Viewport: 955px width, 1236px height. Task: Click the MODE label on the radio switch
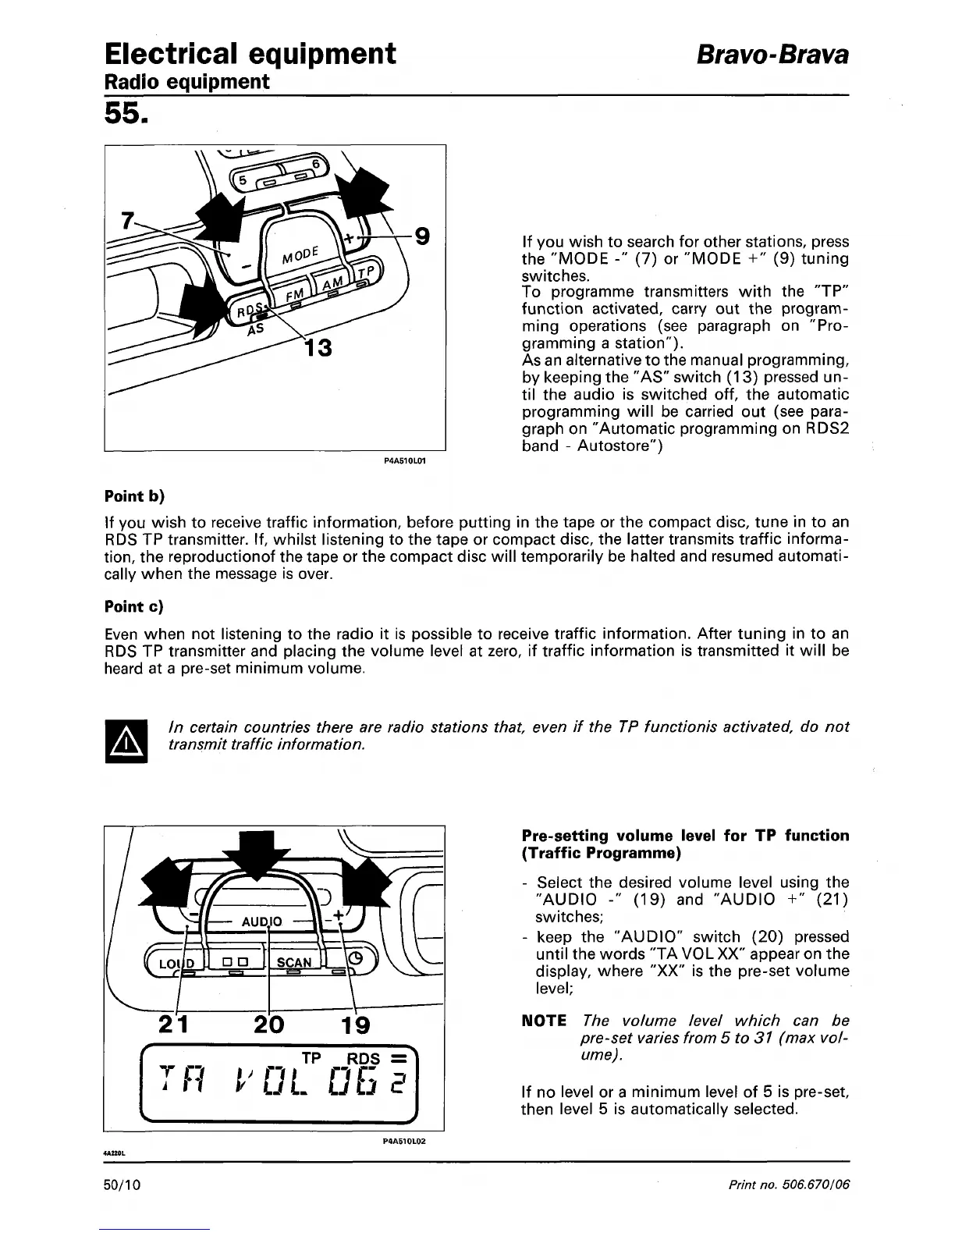[x=300, y=254]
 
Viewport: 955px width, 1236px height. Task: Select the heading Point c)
[x=135, y=606]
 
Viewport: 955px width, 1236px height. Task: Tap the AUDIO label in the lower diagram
[x=261, y=921]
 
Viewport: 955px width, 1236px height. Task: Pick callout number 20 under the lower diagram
[x=268, y=1025]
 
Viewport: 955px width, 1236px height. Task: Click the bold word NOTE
[x=545, y=1021]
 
